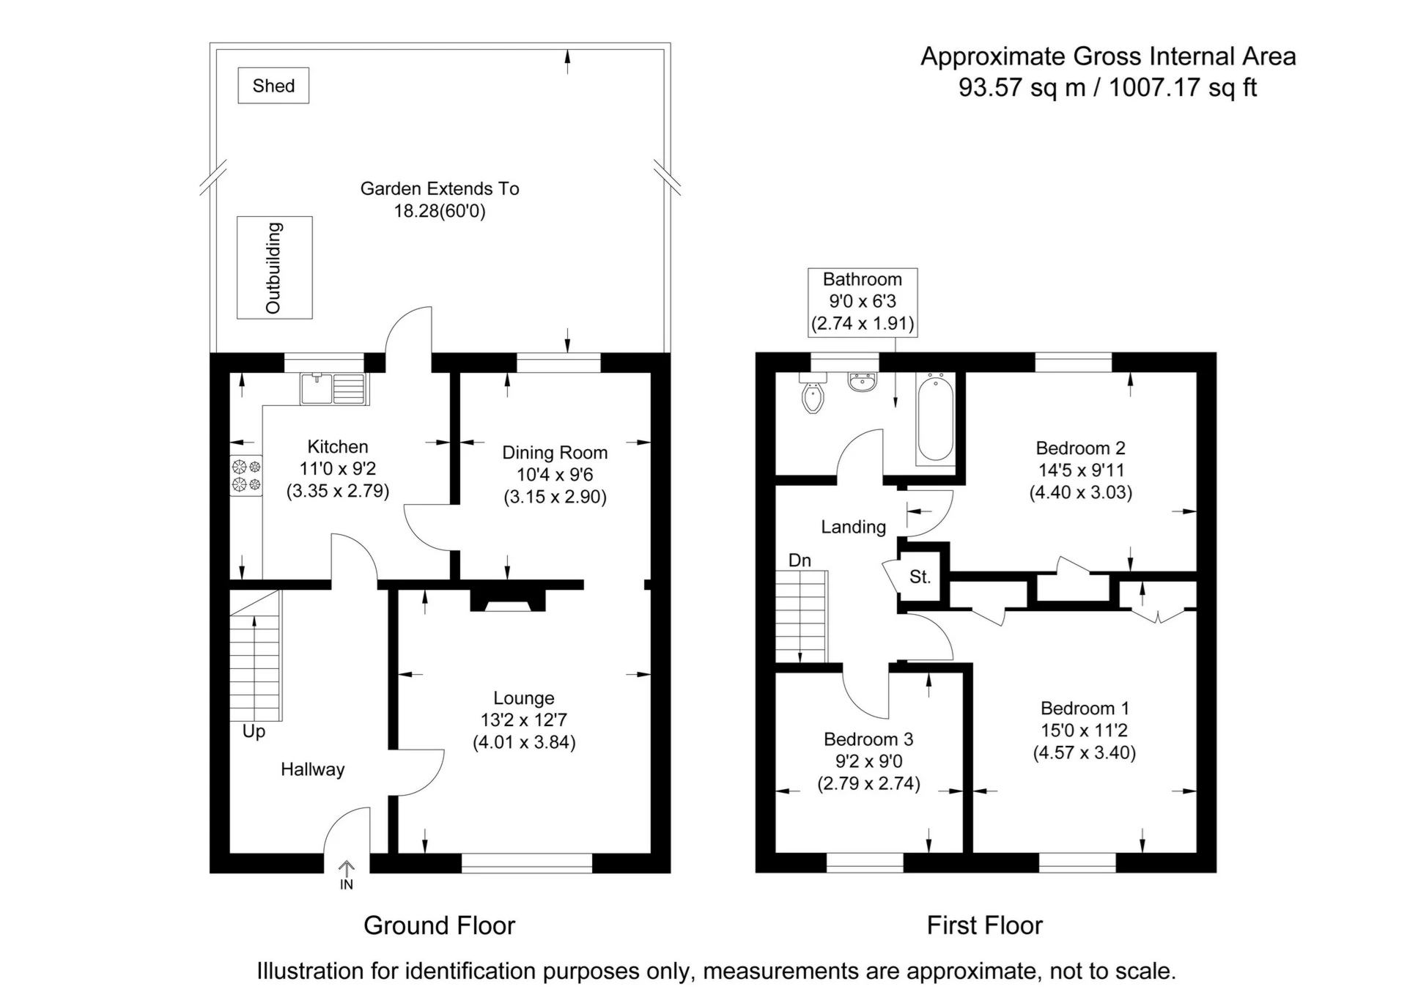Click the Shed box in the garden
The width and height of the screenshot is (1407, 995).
point(273,86)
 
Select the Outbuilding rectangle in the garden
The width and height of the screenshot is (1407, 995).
point(275,267)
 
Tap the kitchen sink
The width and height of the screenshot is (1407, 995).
point(334,389)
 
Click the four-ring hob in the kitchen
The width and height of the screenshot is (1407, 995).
point(246,475)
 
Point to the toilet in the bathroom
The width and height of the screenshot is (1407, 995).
point(813,393)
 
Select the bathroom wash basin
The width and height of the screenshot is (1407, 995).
point(863,382)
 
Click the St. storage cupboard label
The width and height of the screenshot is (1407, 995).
point(920,577)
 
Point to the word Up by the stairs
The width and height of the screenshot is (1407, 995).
point(254,732)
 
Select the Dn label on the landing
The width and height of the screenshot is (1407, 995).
point(799,561)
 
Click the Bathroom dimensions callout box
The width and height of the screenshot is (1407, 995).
point(863,302)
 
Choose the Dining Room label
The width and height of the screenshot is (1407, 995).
point(555,453)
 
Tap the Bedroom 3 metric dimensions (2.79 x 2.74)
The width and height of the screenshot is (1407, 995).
point(868,783)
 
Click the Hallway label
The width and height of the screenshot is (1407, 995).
point(312,769)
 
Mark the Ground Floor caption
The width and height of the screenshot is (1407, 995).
point(440,925)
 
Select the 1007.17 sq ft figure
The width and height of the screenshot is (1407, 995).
point(1183,87)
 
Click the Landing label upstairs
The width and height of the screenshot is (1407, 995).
point(853,527)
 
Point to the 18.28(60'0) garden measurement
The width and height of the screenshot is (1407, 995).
point(440,211)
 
